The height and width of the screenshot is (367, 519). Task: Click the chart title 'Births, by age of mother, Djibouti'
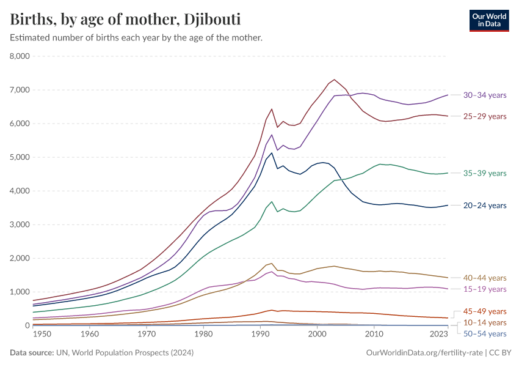click(x=125, y=19)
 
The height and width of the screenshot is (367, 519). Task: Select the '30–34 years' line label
click(x=485, y=95)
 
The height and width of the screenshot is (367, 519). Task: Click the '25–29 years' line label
click(x=485, y=116)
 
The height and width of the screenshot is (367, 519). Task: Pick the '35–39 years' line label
click(x=485, y=173)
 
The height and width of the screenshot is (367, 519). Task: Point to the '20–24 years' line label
click(x=485, y=206)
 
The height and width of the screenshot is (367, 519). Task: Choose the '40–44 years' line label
click(x=485, y=278)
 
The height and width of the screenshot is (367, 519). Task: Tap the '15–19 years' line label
click(x=485, y=289)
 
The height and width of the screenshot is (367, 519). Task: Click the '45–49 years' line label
click(x=485, y=311)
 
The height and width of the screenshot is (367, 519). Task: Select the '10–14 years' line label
click(x=485, y=322)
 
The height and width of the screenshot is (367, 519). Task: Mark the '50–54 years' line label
click(x=485, y=333)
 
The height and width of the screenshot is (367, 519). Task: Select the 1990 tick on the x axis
click(x=261, y=335)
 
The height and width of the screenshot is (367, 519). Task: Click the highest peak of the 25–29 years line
click(x=335, y=80)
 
